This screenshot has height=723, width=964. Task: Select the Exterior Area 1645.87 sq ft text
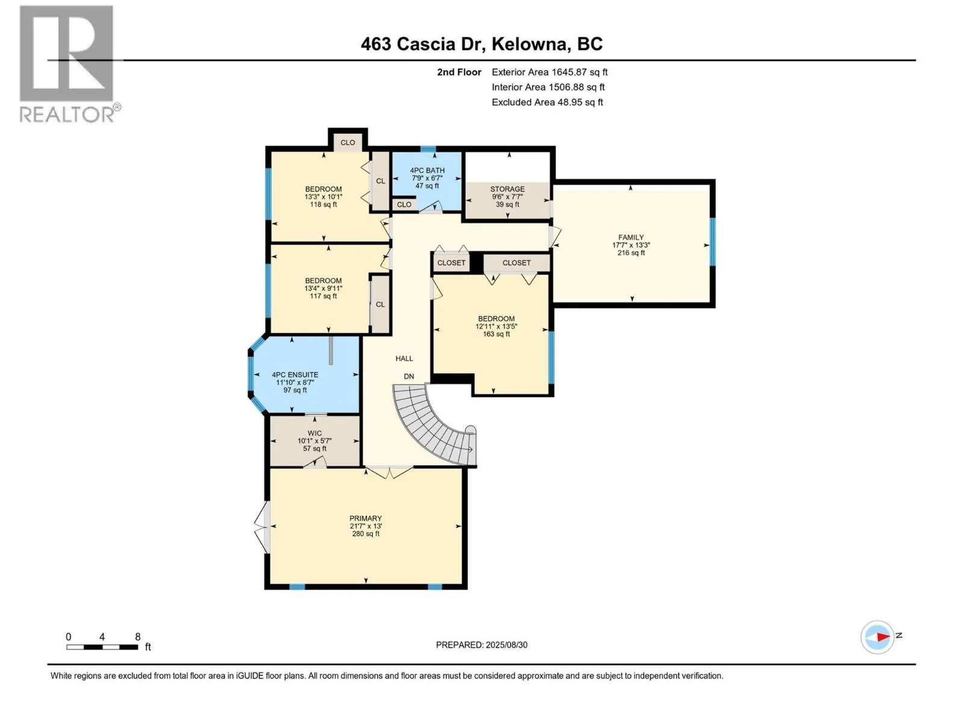tap(549, 72)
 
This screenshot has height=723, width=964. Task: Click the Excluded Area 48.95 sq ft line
tap(547, 102)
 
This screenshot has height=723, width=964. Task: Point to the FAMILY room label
tap(631, 237)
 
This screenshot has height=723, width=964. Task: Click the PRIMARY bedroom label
tap(365, 518)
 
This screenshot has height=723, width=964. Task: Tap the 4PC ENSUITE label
tap(295, 374)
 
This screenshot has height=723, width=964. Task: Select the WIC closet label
tap(315, 433)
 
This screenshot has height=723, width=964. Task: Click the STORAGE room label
tap(507, 189)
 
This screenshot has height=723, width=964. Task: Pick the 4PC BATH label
tap(427, 171)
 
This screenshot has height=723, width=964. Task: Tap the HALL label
tap(404, 358)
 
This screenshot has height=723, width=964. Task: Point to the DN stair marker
tap(409, 376)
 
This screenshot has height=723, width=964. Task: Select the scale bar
tap(102, 647)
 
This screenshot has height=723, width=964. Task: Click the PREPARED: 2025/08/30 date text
tap(481, 645)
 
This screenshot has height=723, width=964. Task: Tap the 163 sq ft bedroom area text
tap(496, 334)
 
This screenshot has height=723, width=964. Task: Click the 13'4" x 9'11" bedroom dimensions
tap(323, 289)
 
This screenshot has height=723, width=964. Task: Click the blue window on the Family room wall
tap(712, 242)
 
